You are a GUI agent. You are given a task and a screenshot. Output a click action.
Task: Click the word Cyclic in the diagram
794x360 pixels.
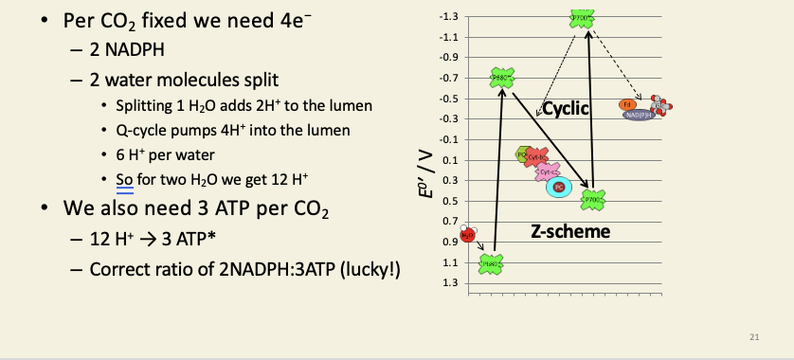[x=565, y=110]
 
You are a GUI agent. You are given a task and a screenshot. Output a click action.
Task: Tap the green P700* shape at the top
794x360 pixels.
[x=582, y=18]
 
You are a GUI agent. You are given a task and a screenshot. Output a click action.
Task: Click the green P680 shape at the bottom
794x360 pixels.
[x=491, y=264]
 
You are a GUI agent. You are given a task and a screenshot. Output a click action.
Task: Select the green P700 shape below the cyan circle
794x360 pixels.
[x=592, y=200]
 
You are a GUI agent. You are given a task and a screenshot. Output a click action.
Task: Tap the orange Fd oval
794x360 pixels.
[x=626, y=103]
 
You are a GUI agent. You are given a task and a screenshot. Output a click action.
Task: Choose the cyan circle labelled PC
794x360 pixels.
[x=559, y=188]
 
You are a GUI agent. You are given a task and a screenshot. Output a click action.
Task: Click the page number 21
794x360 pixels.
[x=755, y=337]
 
